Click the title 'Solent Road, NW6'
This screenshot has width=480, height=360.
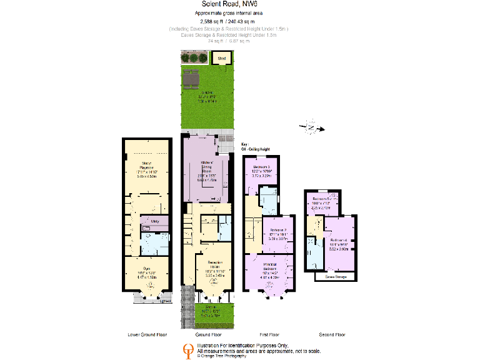(240, 5)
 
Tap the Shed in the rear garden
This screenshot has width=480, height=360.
(222, 59)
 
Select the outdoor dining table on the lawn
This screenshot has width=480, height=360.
(191, 80)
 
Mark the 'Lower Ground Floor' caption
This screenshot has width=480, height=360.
(146, 334)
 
